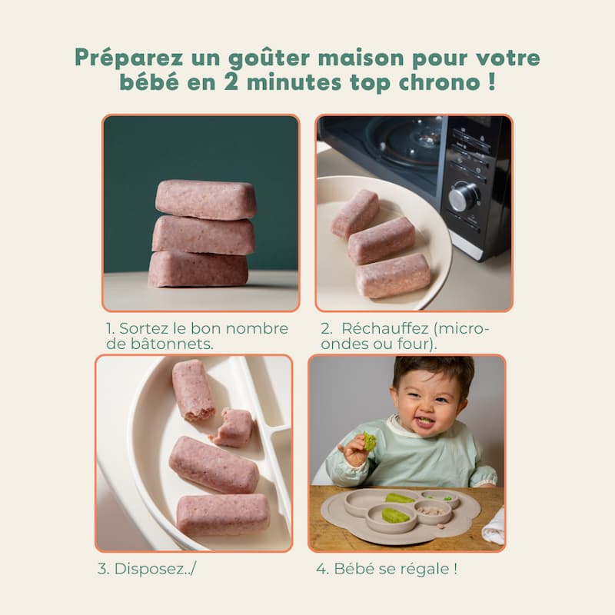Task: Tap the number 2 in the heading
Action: [x=231, y=82]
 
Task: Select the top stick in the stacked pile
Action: [x=206, y=199]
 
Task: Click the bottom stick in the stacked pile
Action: [x=198, y=269]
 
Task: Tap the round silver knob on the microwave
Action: [x=464, y=196]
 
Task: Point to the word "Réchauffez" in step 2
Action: [x=385, y=329]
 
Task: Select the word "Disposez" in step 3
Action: [x=148, y=569]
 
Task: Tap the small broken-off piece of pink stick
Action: [x=231, y=428]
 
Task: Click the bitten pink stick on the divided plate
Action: [x=193, y=391]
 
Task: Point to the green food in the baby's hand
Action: [x=369, y=441]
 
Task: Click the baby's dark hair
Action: [x=434, y=373]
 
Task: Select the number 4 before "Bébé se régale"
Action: [x=322, y=569]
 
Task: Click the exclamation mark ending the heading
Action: [x=492, y=81]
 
